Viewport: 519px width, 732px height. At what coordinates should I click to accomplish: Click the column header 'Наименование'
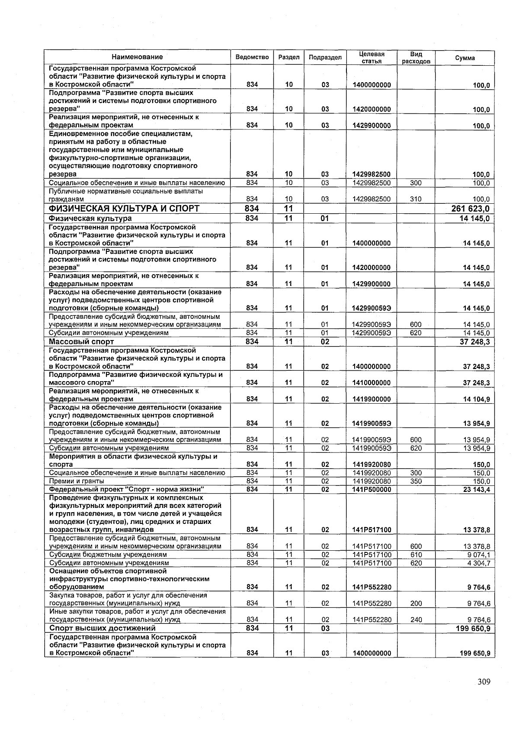[137, 57]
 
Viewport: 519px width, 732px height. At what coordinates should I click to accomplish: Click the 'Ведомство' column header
[252, 58]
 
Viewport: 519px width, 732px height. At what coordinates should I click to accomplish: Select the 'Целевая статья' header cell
[372, 58]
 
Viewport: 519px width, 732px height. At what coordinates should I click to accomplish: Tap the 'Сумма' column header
[465, 58]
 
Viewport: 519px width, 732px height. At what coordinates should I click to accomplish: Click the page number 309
[484, 682]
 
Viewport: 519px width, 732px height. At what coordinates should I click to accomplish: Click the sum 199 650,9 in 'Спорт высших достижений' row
[473, 628]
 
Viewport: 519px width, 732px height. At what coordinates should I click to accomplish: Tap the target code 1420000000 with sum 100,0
[372, 109]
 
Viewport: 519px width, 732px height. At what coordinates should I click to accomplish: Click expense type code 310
[416, 199]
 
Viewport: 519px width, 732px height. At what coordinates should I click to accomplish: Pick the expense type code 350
[416, 481]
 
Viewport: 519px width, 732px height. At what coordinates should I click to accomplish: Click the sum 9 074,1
[476, 555]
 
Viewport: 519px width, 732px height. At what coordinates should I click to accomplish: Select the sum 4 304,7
[476, 563]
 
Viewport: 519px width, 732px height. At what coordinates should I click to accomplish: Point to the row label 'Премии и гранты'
[77, 481]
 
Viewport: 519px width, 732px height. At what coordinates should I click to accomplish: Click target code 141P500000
[372, 489]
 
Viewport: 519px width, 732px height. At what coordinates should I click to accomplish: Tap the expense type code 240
[416, 620]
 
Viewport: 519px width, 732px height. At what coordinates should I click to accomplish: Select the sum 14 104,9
[476, 399]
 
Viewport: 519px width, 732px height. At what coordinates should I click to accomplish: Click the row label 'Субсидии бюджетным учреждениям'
[108, 555]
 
